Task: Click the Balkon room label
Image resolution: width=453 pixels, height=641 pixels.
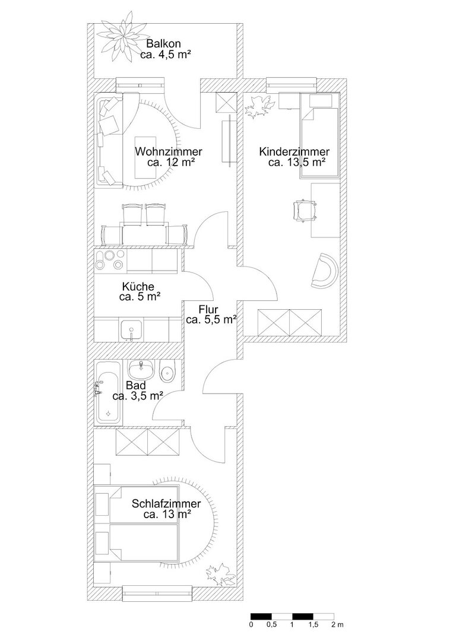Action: (164, 43)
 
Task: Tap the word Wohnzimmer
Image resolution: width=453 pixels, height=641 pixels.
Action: (169, 152)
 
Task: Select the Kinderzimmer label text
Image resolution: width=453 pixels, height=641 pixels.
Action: (294, 152)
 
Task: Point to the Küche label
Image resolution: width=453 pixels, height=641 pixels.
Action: (138, 287)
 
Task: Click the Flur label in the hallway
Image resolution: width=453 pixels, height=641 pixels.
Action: (208, 309)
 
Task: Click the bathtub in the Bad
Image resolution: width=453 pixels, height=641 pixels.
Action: (108, 392)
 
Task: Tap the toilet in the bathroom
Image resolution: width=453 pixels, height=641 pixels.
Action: (167, 371)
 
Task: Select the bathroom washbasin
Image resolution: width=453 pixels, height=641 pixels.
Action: (141, 370)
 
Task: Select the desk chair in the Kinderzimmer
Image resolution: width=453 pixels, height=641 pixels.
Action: (305, 210)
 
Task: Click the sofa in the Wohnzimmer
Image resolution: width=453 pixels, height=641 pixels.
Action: (110, 140)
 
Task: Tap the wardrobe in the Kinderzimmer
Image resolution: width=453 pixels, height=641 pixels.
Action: (290, 322)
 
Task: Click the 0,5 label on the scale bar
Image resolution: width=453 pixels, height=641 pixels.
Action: (271, 624)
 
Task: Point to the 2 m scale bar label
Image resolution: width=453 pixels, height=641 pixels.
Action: (338, 624)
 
